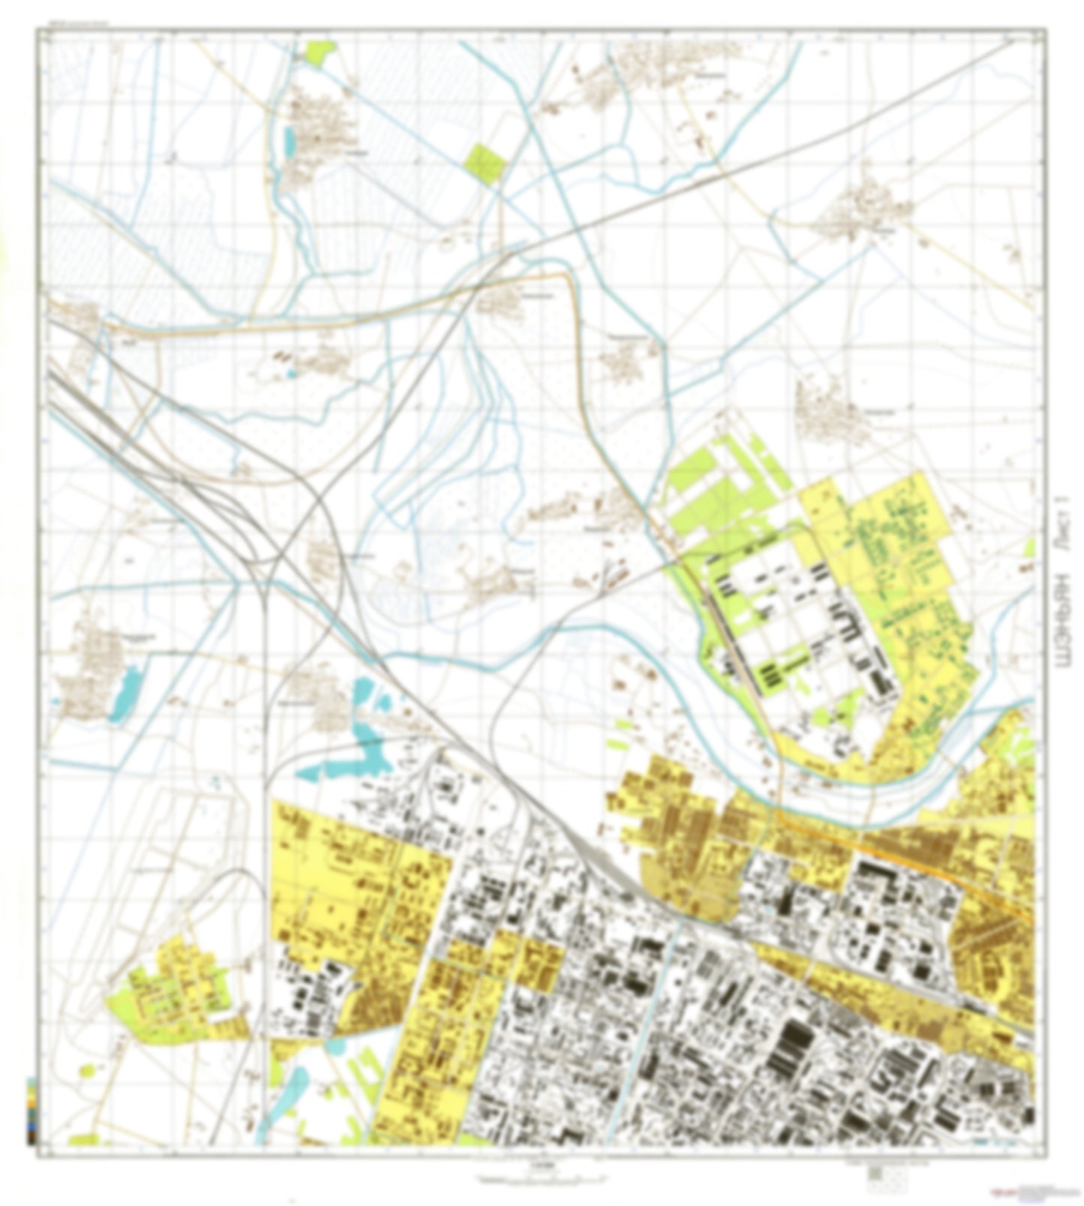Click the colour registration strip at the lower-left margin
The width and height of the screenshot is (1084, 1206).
point(30,1110)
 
